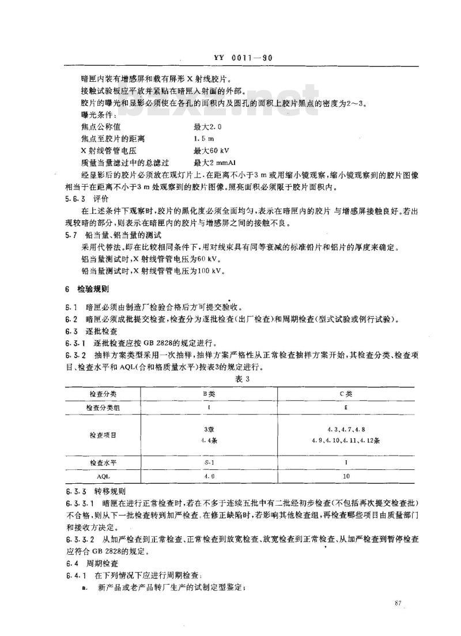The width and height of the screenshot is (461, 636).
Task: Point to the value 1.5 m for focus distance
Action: tap(204, 139)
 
